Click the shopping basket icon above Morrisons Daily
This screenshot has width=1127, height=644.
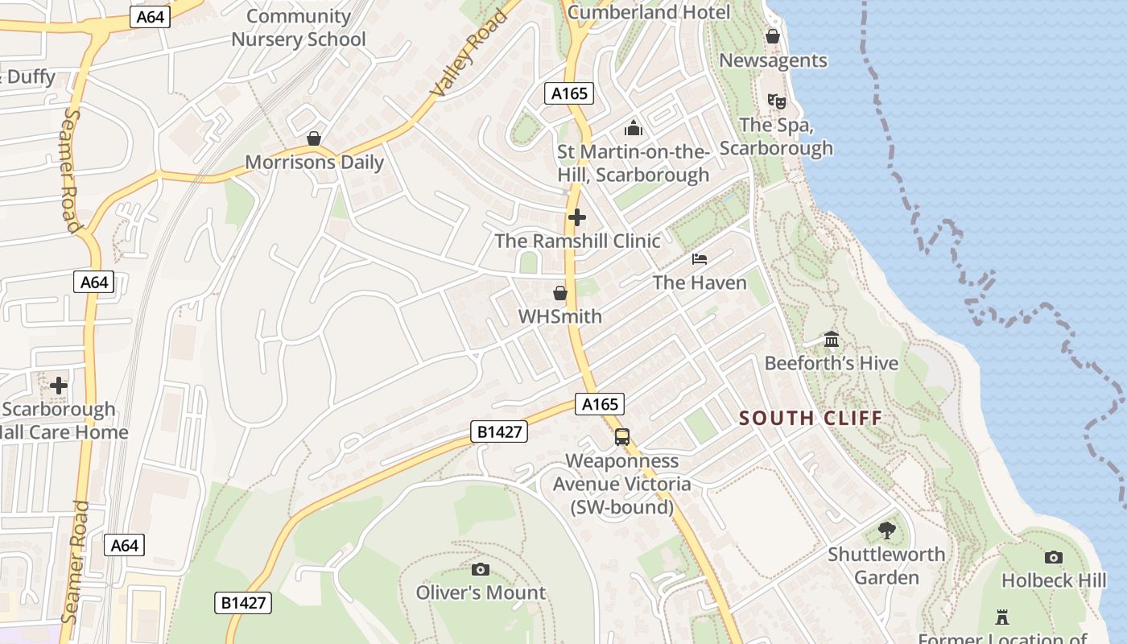[314, 138]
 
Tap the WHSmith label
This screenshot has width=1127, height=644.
[559, 316]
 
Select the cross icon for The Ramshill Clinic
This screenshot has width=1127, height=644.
[577, 217]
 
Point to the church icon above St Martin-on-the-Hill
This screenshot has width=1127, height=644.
[634, 128]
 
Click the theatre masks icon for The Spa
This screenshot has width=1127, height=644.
[776, 101]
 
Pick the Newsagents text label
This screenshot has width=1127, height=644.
[773, 60]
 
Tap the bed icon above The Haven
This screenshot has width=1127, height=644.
[700, 258]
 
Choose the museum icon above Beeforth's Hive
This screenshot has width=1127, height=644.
[832, 340]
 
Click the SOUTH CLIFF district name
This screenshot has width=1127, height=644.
[811, 418]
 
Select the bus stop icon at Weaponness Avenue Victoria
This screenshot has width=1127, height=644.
[621, 437]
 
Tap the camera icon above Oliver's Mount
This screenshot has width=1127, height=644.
[481, 569]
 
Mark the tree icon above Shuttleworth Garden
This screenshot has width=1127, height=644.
[886, 530]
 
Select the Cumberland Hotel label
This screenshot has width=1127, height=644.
[649, 12]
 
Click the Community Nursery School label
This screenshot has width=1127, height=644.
[298, 27]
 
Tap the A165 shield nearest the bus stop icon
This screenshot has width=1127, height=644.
[600, 404]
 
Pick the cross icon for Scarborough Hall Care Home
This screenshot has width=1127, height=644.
[59, 386]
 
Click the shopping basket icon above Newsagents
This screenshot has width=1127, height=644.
[773, 36]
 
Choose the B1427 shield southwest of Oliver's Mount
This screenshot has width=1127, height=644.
[243, 602]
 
